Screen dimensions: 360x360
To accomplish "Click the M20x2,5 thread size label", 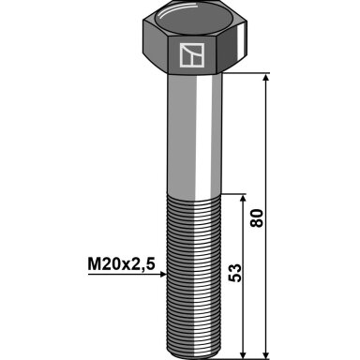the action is click(x=121, y=264).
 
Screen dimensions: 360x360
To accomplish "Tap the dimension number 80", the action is click(x=257, y=218).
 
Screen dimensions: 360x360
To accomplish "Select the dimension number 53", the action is click(x=234, y=273).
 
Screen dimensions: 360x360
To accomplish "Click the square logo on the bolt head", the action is click(x=192, y=55).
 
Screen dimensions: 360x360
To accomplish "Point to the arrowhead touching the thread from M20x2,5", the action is click(x=163, y=274).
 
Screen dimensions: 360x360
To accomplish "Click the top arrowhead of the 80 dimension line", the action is click(x=265, y=78).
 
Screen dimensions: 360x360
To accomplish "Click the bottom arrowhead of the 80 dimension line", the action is click(x=265, y=354).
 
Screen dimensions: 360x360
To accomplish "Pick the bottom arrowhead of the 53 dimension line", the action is click(x=243, y=354).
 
